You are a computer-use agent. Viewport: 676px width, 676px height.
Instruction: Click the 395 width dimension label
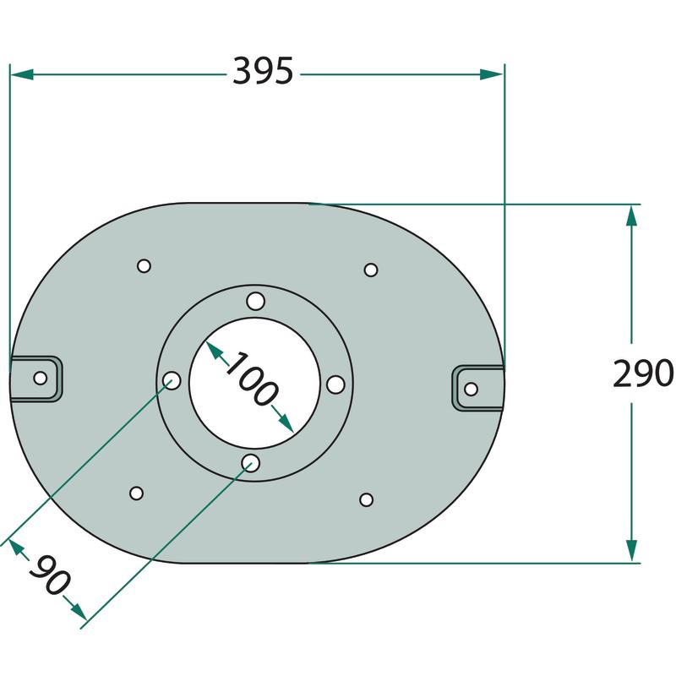pyautogui.click(x=263, y=71)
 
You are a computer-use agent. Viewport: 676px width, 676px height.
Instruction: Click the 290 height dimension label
pyautogui.click(x=643, y=373)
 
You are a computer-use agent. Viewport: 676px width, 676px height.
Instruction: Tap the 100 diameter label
pyautogui.click(x=251, y=379)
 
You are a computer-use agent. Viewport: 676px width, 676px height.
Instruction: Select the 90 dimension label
pyautogui.click(x=50, y=575)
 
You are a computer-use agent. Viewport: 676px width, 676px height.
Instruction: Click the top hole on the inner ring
pyautogui.click(x=256, y=301)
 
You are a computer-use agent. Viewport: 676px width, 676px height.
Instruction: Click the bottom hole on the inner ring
pyautogui.click(x=250, y=463)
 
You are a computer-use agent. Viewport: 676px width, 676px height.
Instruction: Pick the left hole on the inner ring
pyautogui.click(x=172, y=380)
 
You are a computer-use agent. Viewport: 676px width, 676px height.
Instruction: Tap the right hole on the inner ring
pyautogui.click(x=335, y=384)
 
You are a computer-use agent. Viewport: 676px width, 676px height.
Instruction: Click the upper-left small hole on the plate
pyautogui.click(x=144, y=265)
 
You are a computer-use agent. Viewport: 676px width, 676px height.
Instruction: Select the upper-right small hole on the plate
pyautogui.click(x=371, y=270)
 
